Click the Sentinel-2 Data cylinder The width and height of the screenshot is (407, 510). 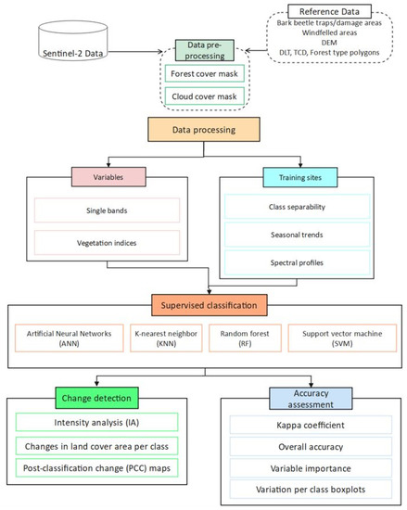(x=69, y=43)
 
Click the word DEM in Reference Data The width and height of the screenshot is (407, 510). (x=328, y=42)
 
